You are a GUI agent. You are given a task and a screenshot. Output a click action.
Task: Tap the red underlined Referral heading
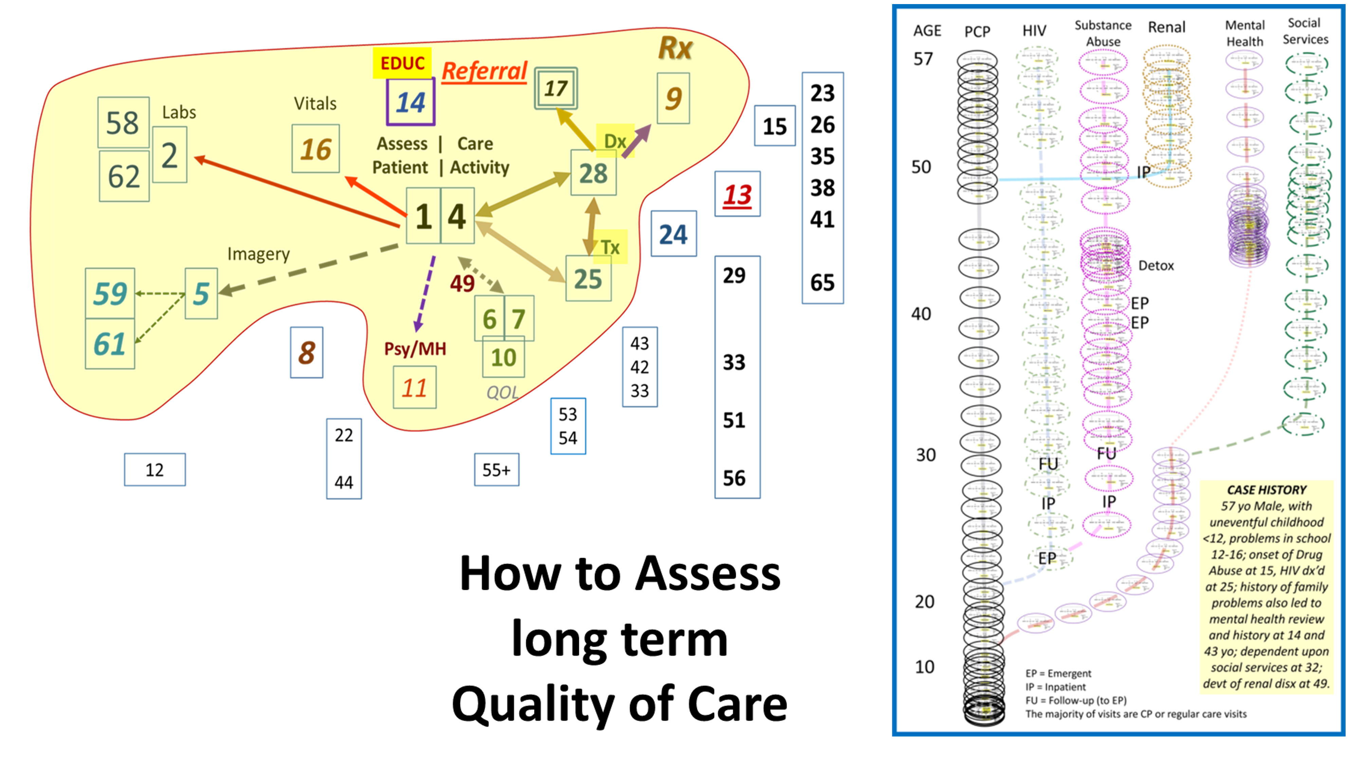(x=484, y=71)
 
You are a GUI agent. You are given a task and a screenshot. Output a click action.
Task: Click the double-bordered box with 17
(x=555, y=88)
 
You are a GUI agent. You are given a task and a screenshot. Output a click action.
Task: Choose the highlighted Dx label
(x=615, y=141)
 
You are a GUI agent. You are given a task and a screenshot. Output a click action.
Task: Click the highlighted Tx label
(x=610, y=247)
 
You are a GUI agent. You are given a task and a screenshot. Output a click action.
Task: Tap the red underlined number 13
(x=737, y=194)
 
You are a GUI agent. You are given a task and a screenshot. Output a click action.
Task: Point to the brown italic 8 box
(x=306, y=352)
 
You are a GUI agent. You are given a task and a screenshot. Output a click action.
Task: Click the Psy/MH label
(x=415, y=349)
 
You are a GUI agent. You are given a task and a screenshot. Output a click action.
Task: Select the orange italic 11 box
(x=414, y=388)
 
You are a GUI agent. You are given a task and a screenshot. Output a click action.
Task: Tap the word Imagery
(x=258, y=254)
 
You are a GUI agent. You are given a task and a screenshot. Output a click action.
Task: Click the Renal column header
(x=1166, y=28)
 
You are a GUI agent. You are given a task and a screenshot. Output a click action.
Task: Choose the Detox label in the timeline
(x=1155, y=265)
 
